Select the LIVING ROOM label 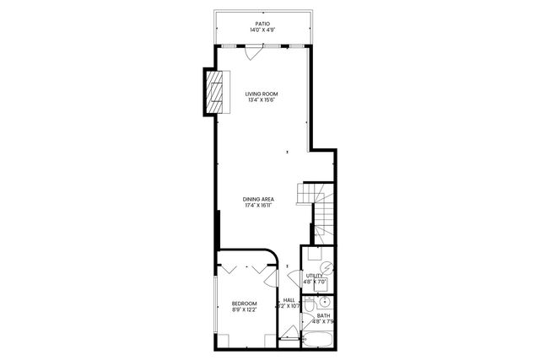[x=262, y=94]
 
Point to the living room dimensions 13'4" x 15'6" [x=262, y=101]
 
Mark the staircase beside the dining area [x=321, y=211]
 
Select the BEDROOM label [x=244, y=303]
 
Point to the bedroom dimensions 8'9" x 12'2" [x=244, y=309]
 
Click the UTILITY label [x=314, y=275]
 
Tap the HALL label [x=289, y=299]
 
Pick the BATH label [x=324, y=315]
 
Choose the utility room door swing [x=294, y=279]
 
